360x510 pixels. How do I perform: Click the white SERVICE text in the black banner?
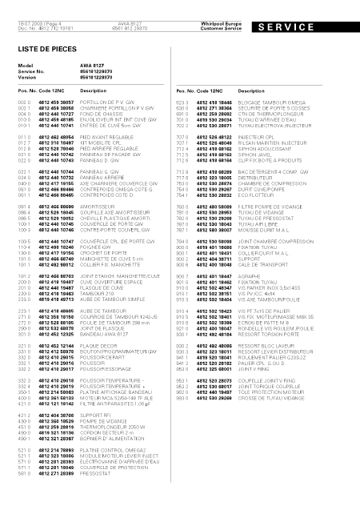click(313, 26)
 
